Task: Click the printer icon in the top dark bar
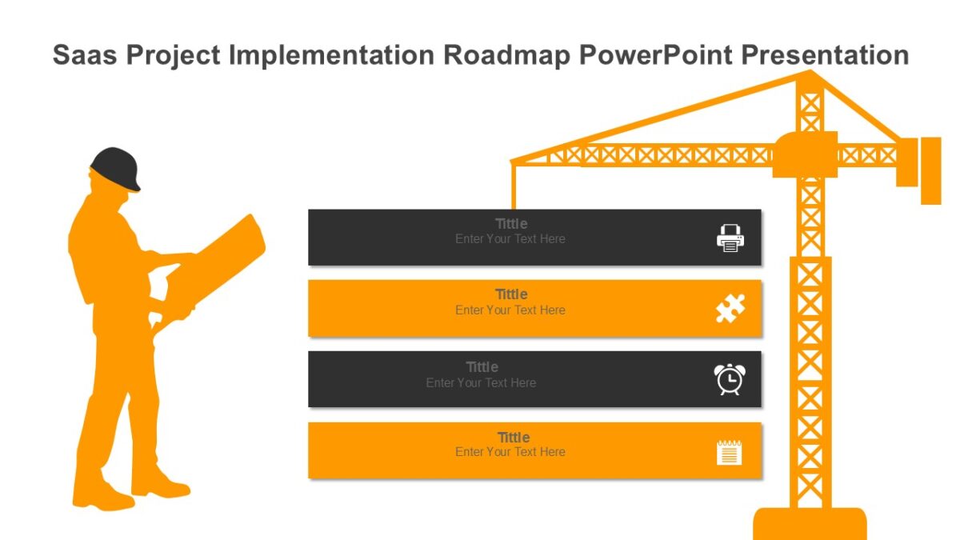[x=730, y=238]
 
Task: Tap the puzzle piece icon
[x=730, y=309]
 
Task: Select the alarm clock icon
[x=730, y=379]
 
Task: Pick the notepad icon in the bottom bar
[x=730, y=452]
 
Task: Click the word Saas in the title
[x=85, y=55]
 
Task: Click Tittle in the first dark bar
[x=511, y=224]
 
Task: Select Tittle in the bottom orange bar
[x=513, y=438]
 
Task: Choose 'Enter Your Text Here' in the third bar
[x=481, y=382]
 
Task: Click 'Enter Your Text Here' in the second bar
[x=510, y=310]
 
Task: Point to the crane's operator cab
[x=805, y=154]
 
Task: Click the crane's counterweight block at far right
[x=930, y=170]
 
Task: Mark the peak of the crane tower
[x=810, y=74]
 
